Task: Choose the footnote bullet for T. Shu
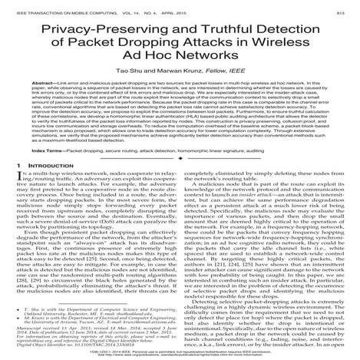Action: (x=20, y=306)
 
